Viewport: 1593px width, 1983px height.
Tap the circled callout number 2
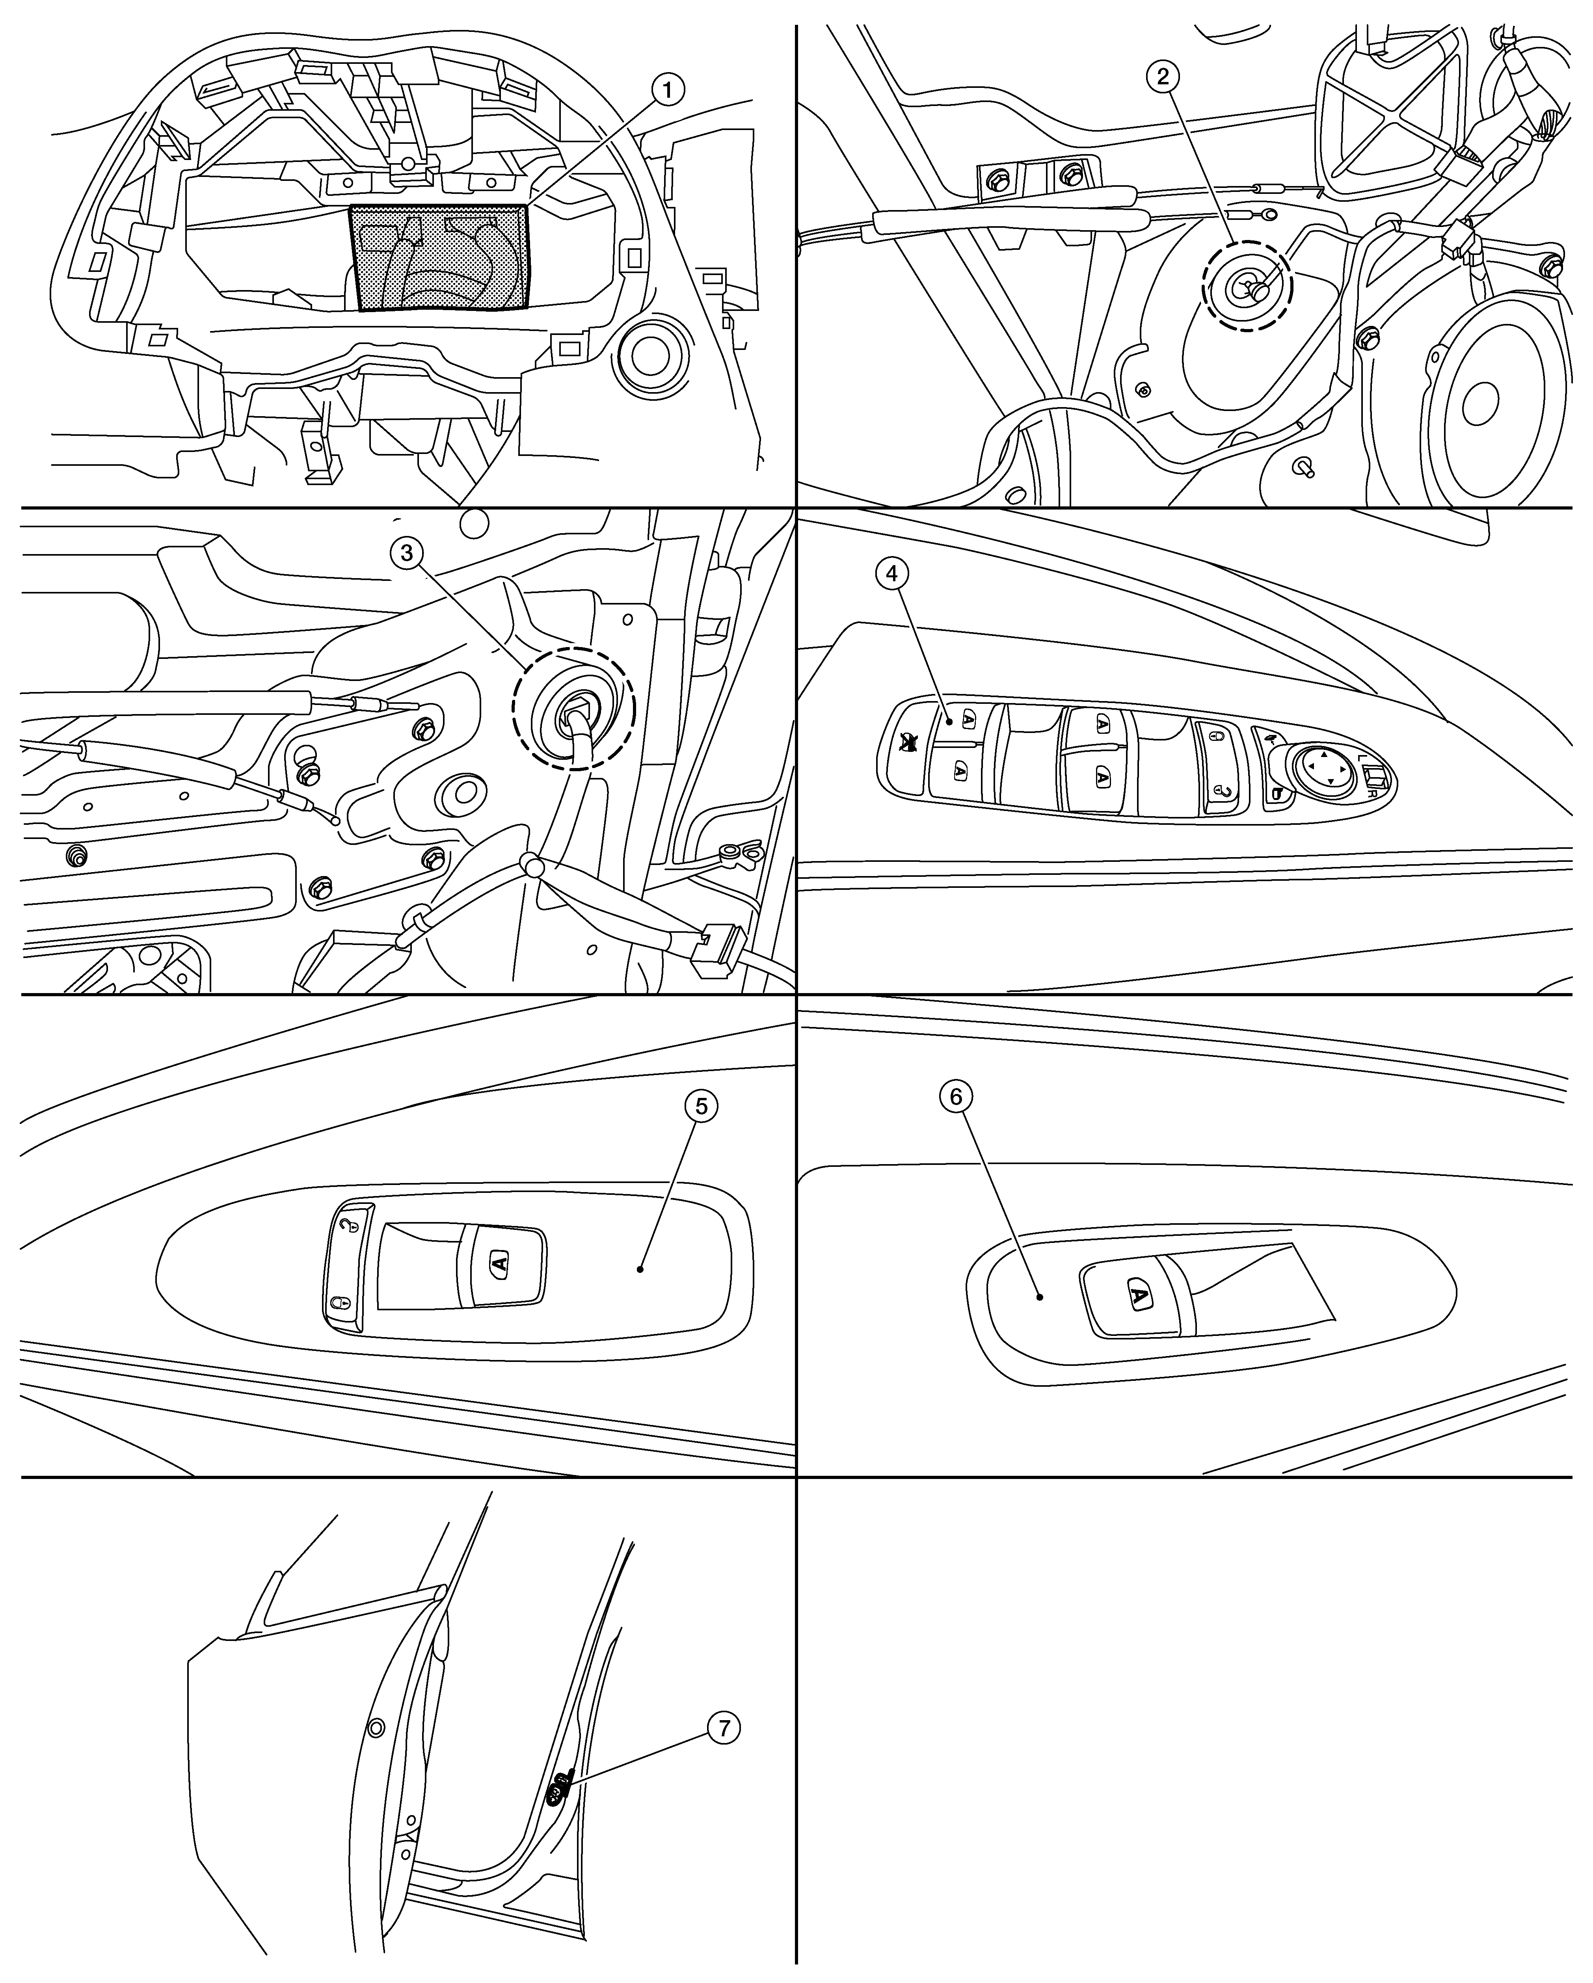pyautogui.click(x=1163, y=77)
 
